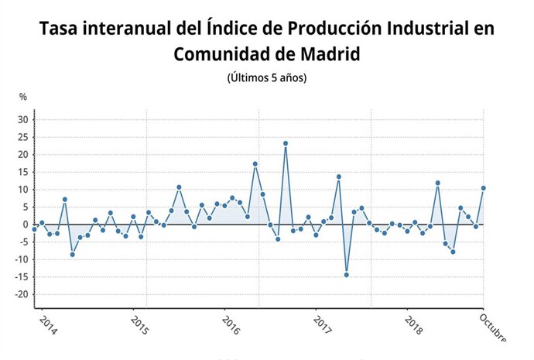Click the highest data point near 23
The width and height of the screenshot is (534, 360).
pyautogui.click(x=286, y=143)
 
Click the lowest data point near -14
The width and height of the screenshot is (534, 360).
pyautogui.click(x=346, y=275)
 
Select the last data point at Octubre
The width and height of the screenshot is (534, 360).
pyautogui.click(x=484, y=187)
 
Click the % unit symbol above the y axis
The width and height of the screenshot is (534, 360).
pyautogui.click(x=23, y=97)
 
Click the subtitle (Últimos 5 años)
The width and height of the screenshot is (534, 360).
pyautogui.click(x=267, y=78)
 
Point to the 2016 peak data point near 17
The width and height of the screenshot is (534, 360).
pyautogui.click(x=255, y=164)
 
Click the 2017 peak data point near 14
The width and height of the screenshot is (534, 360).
pyautogui.click(x=339, y=177)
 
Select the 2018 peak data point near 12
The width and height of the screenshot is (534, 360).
pyautogui.click(x=438, y=183)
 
